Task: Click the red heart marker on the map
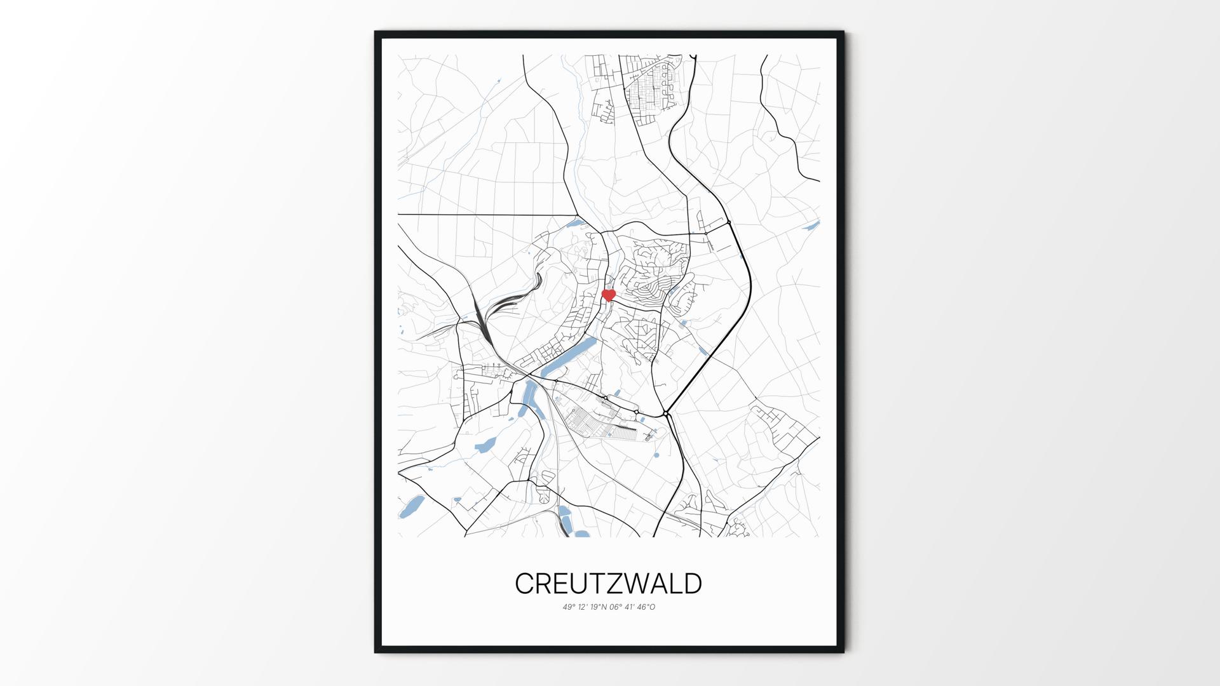point(609,295)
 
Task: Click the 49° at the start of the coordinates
point(568,607)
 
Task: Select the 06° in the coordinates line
point(615,607)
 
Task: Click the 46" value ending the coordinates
point(643,607)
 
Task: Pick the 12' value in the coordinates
point(581,607)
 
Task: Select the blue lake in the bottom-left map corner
point(411,506)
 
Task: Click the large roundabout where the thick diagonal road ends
point(666,414)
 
